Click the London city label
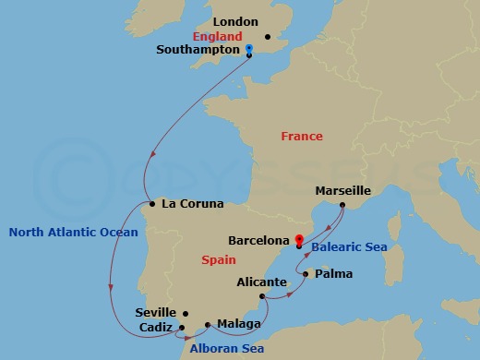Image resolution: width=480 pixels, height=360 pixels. (234, 21)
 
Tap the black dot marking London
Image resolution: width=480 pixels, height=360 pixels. (268, 37)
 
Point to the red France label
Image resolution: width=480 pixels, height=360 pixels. (302, 137)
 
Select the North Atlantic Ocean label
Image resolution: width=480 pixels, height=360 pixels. (73, 233)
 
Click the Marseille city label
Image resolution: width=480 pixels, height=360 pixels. (342, 190)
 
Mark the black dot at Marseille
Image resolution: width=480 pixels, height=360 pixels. (342, 204)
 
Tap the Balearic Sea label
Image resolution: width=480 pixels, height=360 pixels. (348, 247)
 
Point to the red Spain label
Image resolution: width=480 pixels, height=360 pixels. (218, 260)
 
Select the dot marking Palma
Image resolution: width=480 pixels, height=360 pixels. (305, 274)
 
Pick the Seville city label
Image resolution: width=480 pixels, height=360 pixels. (155, 313)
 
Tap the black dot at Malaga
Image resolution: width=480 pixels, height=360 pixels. (208, 324)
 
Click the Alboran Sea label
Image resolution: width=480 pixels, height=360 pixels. (227, 348)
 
